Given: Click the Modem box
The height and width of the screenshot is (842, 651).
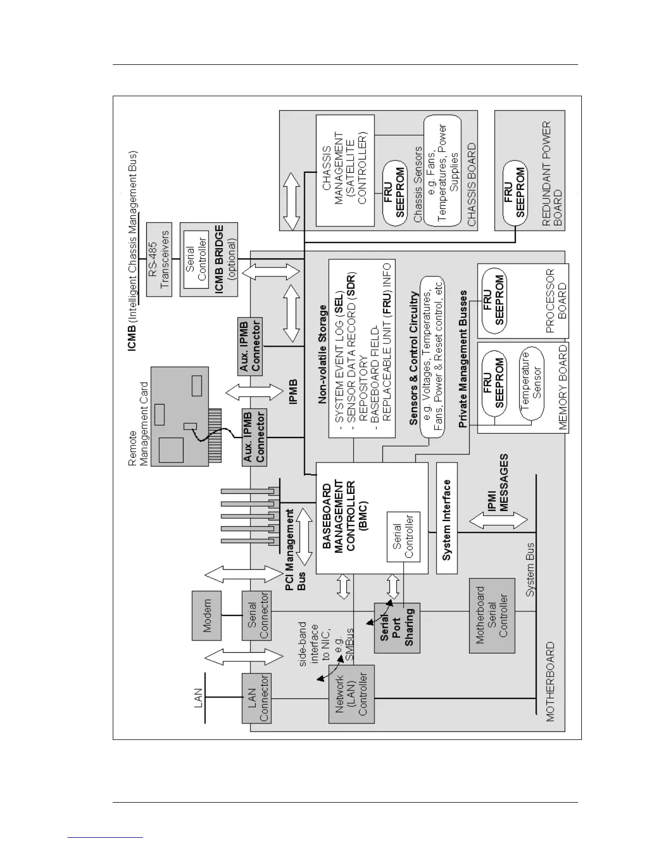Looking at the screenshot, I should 206,616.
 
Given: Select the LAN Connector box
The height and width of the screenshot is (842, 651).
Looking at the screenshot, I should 257,698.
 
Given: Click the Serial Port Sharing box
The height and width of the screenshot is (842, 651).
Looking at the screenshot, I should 397,628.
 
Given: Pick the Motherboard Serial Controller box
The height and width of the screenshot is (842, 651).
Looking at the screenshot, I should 491,616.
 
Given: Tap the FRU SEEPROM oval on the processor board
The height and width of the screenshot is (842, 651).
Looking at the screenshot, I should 493,300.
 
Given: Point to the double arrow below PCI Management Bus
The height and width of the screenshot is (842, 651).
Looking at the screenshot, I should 304,537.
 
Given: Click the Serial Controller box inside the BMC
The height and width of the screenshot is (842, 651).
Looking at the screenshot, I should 403,536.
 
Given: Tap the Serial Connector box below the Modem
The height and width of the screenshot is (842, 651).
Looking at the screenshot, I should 257,616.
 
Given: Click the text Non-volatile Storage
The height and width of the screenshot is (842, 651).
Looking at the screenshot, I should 323,354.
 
